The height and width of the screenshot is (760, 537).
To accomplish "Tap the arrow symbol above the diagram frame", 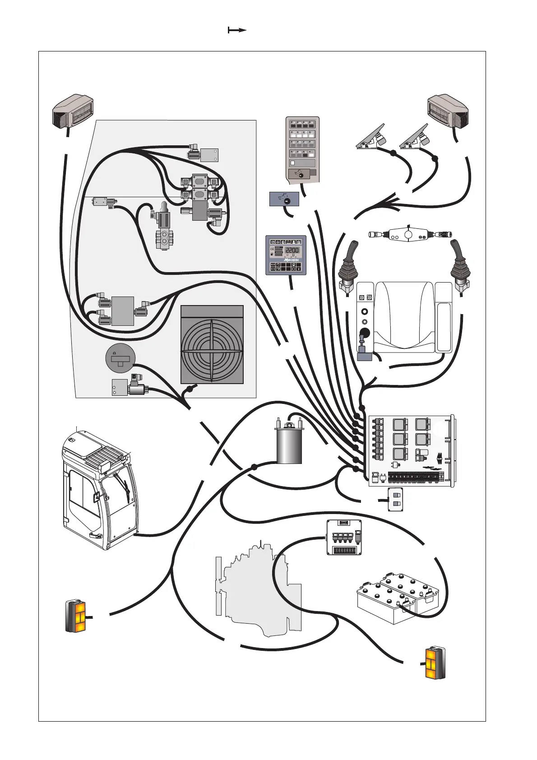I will click(237, 30).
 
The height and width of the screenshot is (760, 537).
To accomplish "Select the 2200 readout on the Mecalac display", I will click(292, 250).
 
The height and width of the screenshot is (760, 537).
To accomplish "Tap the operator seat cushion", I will click(404, 316).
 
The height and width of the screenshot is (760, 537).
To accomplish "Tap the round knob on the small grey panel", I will click(285, 200).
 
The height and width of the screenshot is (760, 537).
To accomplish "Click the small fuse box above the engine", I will click(344, 537).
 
